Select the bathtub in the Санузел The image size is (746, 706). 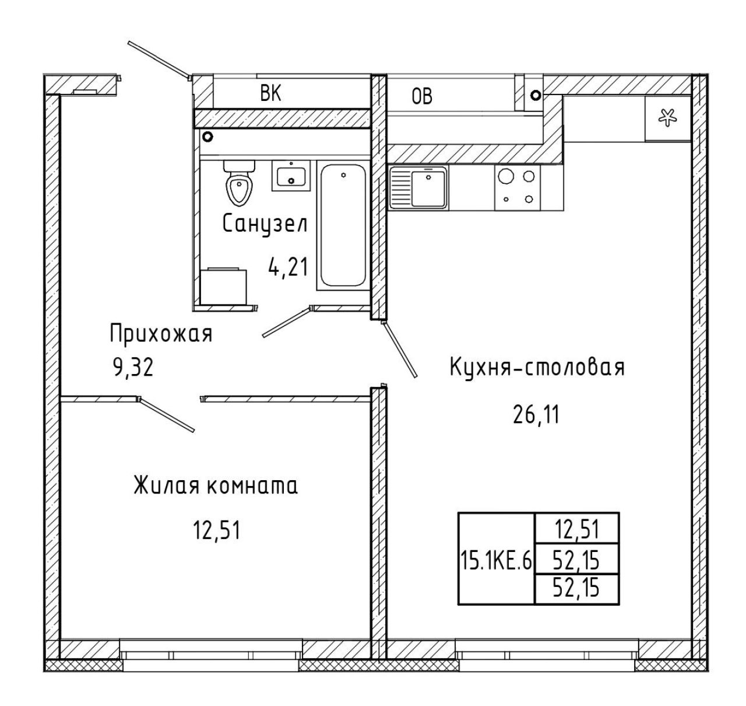[x=343, y=225]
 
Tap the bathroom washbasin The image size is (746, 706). [x=291, y=176]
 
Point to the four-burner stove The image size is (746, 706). [x=517, y=188]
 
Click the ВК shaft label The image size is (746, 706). [x=270, y=93]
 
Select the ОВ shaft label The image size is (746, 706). [x=422, y=96]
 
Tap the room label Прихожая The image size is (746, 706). [x=161, y=334]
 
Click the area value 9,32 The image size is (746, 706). [x=133, y=368]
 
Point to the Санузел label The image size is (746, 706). [x=265, y=224]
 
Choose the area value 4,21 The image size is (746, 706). [x=288, y=267]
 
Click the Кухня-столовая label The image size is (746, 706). [x=537, y=367]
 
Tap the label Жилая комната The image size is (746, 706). [x=216, y=485]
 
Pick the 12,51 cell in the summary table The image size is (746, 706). [x=577, y=530]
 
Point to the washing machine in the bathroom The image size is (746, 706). [x=223, y=286]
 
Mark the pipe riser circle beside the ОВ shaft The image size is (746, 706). [x=536, y=95]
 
